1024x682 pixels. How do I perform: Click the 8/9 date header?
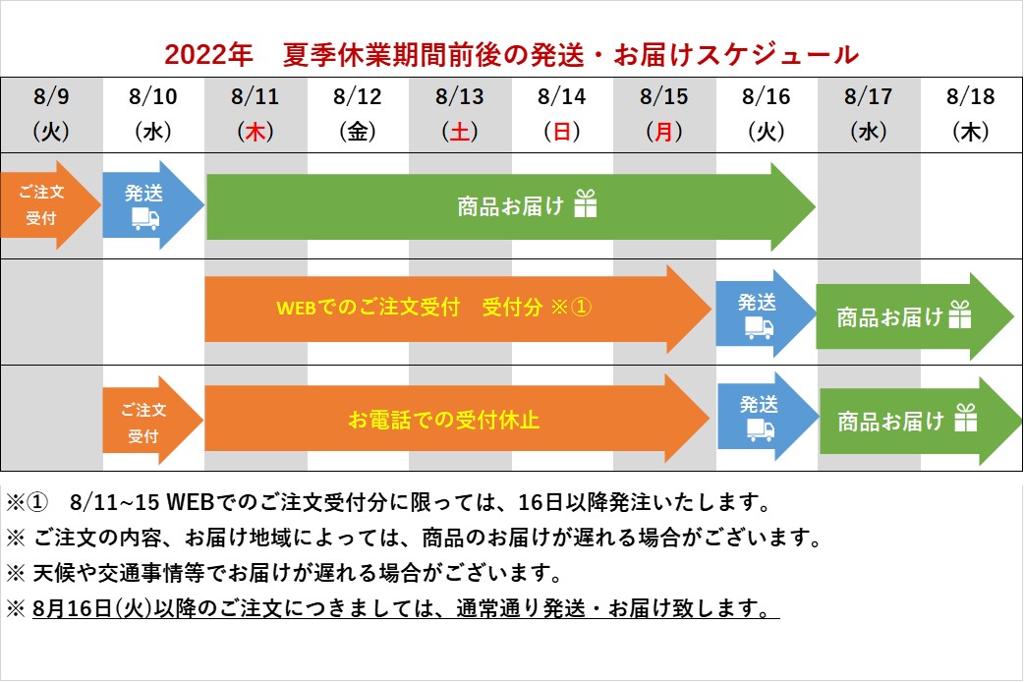point(51,96)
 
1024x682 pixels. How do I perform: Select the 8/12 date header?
point(358,96)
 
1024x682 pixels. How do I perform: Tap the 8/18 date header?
point(971,96)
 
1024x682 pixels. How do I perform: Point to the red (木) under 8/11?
point(256,132)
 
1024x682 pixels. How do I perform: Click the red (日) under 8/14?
point(562,132)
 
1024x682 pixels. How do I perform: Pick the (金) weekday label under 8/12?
point(358,132)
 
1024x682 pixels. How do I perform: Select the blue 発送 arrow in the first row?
point(153,205)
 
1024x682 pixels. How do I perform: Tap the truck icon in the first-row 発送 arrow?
point(145,219)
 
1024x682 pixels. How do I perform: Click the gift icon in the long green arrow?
point(585,203)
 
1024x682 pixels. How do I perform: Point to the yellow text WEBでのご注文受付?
point(368,307)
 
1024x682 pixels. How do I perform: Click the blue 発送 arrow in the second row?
point(766,313)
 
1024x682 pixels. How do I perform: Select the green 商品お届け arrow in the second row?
point(914,316)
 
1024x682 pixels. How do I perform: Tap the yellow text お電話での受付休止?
point(443,420)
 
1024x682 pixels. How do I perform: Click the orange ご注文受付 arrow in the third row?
point(153,421)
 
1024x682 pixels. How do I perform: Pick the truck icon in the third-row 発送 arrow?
point(761,429)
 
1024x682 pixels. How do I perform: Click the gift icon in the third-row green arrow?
point(965,418)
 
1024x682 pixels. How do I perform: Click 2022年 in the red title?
point(208,55)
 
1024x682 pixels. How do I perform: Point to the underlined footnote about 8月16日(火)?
point(406,608)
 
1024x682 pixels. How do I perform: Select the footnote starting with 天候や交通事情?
point(297,573)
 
